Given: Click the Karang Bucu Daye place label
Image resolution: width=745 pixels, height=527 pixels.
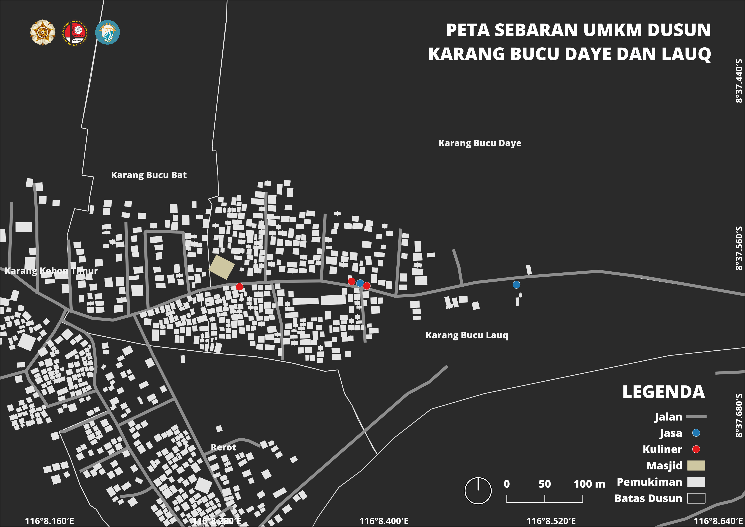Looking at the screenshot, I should coord(480,143).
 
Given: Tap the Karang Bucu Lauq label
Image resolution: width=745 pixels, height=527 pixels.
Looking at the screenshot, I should coord(467,335).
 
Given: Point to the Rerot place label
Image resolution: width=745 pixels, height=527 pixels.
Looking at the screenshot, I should coord(223,447).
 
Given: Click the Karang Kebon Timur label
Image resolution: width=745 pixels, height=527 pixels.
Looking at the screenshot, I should coord(51,271).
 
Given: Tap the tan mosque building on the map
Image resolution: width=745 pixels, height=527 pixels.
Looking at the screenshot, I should coord(222,267).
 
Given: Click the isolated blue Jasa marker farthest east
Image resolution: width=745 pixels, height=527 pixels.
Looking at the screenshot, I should coord(516,285).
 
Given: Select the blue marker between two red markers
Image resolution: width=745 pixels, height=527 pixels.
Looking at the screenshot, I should coord(360,283).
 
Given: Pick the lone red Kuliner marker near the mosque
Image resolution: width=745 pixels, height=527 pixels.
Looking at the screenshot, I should coord(239,286).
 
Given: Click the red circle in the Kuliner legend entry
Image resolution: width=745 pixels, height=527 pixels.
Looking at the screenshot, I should coord(696,449).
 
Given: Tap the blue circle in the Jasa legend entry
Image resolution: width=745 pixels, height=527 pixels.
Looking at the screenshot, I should coord(696,433).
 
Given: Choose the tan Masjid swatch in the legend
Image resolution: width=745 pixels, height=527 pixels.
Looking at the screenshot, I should coord(696,465).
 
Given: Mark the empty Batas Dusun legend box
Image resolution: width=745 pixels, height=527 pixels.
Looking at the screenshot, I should coord(696,498).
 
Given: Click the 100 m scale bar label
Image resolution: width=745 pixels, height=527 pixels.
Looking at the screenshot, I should coord(589,484).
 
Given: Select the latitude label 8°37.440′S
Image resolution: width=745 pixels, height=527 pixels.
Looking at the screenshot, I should coord(739,81).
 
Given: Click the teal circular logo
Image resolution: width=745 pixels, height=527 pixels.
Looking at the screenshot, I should coord(107,32).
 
